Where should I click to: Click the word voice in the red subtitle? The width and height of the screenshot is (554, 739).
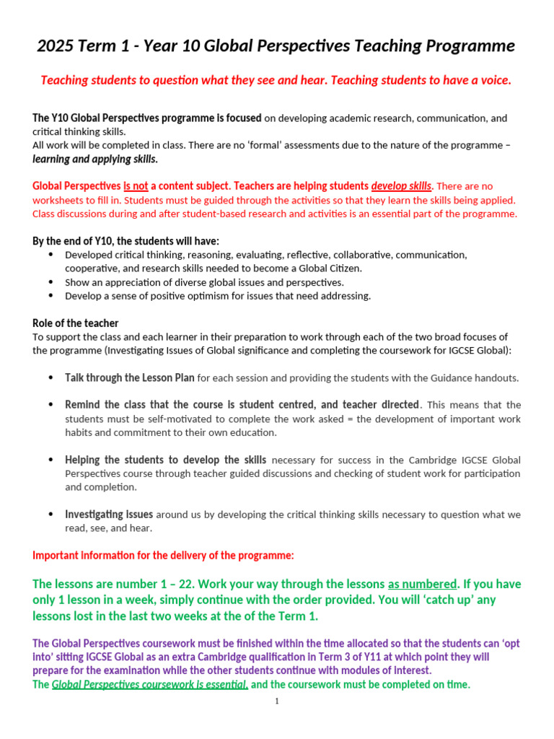point(494,80)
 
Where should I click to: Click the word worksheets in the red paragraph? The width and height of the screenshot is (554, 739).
point(58,200)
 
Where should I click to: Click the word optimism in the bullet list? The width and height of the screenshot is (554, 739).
point(201,296)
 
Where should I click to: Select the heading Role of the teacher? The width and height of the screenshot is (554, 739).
point(76,323)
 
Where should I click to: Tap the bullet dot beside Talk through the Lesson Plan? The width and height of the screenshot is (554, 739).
point(50,378)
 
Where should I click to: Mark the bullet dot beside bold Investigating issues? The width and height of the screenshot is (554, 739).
point(50,515)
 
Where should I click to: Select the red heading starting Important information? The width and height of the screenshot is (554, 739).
point(163,555)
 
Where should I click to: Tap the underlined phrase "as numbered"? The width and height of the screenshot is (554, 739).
point(423,584)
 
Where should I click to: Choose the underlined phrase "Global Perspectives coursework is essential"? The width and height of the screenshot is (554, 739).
point(150,685)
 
